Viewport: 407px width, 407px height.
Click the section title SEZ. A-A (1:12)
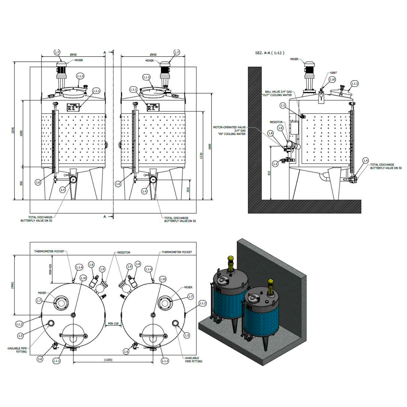point(270,53)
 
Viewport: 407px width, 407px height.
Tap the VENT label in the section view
point(333,73)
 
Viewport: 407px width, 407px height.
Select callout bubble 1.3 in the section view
point(283,105)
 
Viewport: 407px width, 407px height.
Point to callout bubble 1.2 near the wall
point(275,164)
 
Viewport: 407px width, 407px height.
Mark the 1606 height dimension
point(210,147)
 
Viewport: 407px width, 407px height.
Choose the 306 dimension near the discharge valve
point(188,190)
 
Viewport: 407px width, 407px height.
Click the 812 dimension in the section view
point(269,173)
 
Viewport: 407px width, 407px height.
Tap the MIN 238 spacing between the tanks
point(113,324)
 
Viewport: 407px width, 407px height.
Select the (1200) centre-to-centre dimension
point(108,360)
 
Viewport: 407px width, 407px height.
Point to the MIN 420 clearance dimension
point(50,269)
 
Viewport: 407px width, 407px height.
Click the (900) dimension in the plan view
point(12,285)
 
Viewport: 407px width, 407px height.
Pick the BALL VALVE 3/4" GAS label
point(278,92)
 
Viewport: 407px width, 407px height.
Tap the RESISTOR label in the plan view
point(124,252)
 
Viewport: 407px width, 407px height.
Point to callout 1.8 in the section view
point(271,133)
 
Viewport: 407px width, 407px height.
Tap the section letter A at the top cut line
point(105,53)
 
